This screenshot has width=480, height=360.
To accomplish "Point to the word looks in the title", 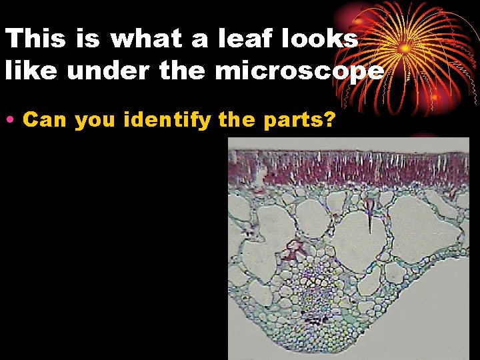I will (x=316, y=39).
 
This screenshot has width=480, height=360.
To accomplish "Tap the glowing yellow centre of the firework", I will (x=404, y=49).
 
